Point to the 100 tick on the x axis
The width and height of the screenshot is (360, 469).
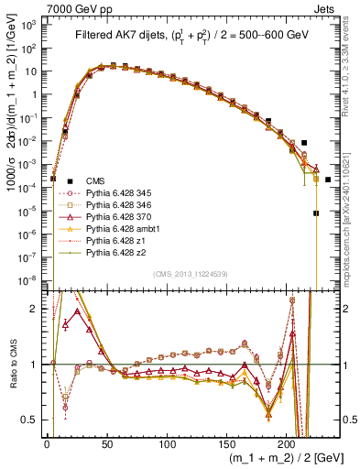167,442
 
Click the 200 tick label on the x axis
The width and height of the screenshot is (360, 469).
287,442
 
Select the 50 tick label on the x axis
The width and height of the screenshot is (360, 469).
106,442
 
